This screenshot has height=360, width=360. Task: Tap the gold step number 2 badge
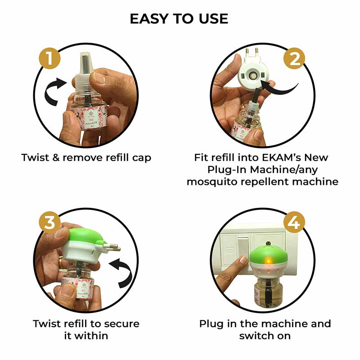[x=294, y=59]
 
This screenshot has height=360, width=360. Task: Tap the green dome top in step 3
[x=85, y=238]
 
